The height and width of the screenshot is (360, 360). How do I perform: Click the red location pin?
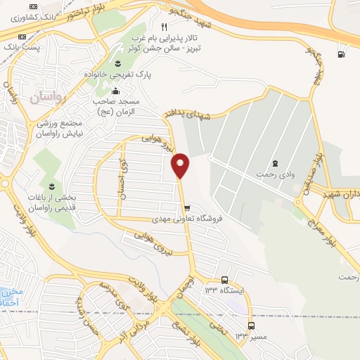(x=181, y=165)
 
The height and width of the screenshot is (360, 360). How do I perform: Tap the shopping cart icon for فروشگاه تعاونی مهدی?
(x=186, y=208)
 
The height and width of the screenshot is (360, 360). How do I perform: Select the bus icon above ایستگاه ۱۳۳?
(x=224, y=279)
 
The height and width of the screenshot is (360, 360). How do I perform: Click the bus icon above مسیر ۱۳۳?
(x=251, y=326)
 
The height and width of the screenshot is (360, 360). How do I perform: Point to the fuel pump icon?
(x=342, y=53)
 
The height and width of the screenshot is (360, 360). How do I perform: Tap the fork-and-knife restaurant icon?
(x=164, y=27)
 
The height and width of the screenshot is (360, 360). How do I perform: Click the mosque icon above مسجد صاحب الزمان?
(x=116, y=91)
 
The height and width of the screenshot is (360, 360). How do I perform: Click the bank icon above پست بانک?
(x=22, y=37)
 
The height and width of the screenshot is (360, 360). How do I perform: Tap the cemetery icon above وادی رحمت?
(x=275, y=153)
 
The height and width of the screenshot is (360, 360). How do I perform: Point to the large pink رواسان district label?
(x=47, y=97)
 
